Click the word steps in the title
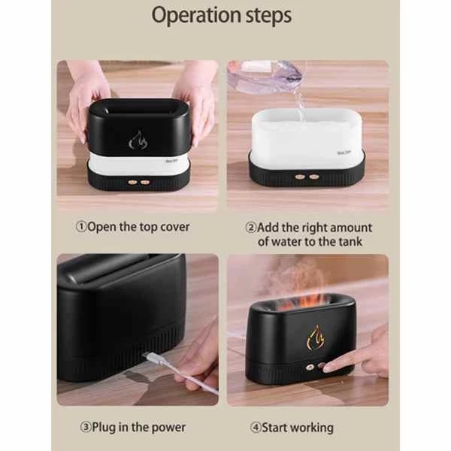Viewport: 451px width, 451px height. click(x=268, y=16)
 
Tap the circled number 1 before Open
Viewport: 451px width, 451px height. click(x=81, y=227)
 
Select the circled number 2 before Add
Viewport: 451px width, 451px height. click(x=251, y=227)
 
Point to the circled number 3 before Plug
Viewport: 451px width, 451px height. click(x=86, y=427)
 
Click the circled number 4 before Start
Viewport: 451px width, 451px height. click(x=256, y=428)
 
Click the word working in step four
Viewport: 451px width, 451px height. click(x=313, y=428)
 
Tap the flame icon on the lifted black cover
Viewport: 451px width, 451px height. click(x=138, y=140)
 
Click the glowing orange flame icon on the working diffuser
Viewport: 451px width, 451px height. click(x=316, y=338)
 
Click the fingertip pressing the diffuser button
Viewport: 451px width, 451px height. click(x=328, y=368)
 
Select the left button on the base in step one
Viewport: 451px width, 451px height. click(x=133, y=182)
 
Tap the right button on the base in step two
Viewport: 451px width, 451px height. click(x=313, y=177)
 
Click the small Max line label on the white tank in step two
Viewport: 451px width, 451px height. click(x=344, y=153)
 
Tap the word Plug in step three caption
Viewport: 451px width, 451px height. click(x=104, y=428)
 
